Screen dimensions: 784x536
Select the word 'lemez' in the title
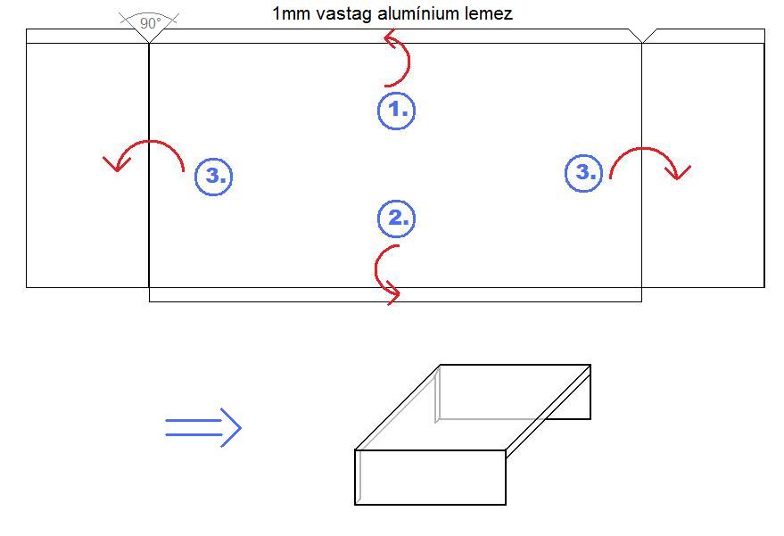pyautogui.click(x=490, y=13)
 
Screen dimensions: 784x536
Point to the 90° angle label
pyautogui.click(x=150, y=23)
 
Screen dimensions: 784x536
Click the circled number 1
pyautogui.click(x=396, y=110)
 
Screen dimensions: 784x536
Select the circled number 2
pyautogui.click(x=396, y=219)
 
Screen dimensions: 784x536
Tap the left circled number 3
pyautogui.click(x=214, y=176)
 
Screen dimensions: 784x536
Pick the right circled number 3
pyautogui.click(x=584, y=172)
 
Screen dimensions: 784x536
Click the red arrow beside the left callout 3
pyautogui.click(x=143, y=153)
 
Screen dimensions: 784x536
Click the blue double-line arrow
pyautogui.click(x=203, y=427)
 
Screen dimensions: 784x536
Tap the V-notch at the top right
pyautogui.click(x=642, y=37)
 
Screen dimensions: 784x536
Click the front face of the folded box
pyautogui.click(x=430, y=477)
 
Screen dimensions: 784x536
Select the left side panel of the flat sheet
pyautogui.click(x=87, y=165)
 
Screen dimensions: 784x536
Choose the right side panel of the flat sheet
pyautogui.click(x=703, y=165)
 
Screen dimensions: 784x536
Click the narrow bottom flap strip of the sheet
pyautogui.click(x=395, y=295)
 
